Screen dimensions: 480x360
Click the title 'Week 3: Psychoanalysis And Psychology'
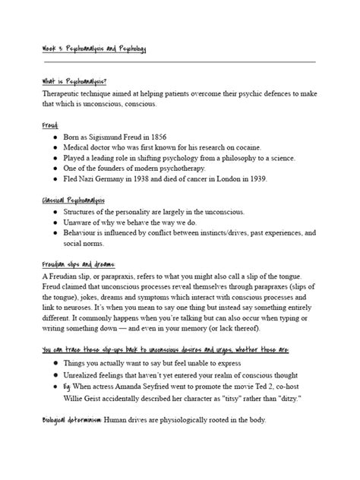[x=94, y=49]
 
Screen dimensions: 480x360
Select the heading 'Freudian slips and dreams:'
[x=80, y=265]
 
